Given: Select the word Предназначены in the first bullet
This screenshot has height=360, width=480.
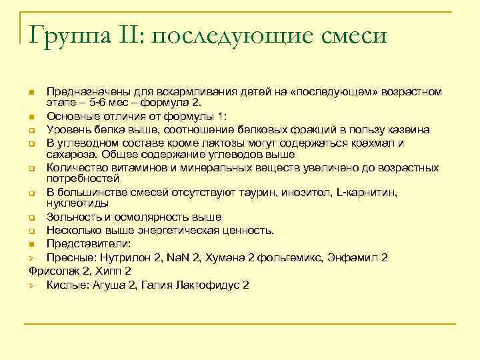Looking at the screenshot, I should tap(85, 91).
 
